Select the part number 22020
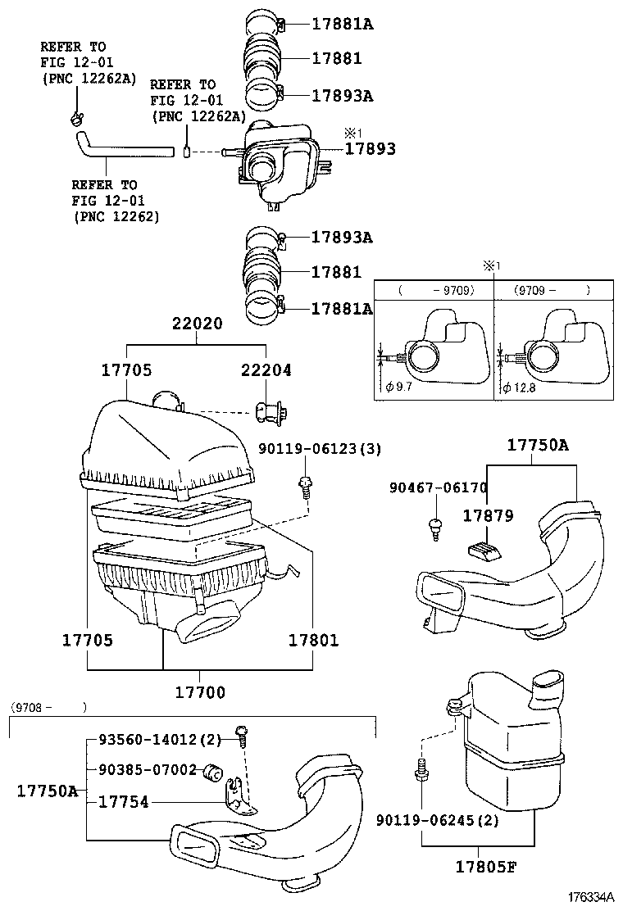[197, 324]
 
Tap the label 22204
[266, 370]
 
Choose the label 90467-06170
[439, 488]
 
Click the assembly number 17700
[199, 692]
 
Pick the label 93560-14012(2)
[160, 740]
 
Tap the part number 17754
[123, 802]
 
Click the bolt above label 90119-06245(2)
[421, 771]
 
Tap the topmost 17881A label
[342, 24]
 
